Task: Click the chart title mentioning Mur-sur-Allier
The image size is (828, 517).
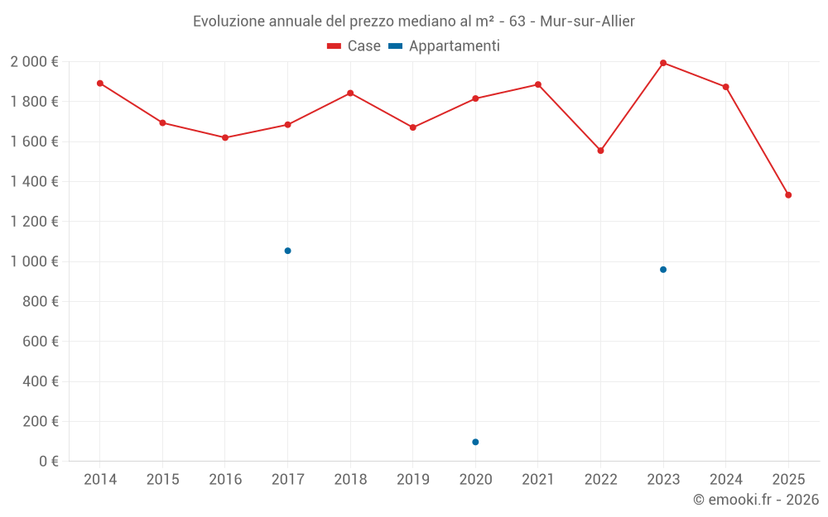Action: click(x=413, y=22)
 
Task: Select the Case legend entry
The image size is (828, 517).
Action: click(x=354, y=46)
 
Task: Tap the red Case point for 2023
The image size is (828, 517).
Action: click(x=663, y=63)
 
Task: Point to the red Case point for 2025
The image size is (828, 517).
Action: click(x=788, y=195)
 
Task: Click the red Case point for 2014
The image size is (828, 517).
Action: click(x=100, y=84)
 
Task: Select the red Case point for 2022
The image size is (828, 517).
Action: click(x=600, y=151)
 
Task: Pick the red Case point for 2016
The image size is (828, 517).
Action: click(x=225, y=137)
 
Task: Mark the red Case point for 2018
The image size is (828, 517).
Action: click(x=350, y=93)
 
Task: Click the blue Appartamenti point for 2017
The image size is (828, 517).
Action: click(x=287, y=251)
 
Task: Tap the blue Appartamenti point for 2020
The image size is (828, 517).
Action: click(x=475, y=442)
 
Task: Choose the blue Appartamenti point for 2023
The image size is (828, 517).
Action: click(x=663, y=270)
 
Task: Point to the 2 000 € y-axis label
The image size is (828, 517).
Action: click(x=34, y=62)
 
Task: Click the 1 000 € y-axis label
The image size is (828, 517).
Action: click(x=34, y=261)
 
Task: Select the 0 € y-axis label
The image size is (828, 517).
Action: click(x=49, y=462)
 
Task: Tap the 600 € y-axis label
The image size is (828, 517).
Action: click(x=41, y=342)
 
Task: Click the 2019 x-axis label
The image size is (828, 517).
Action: click(x=412, y=480)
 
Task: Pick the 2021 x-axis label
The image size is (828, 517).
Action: click(x=538, y=480)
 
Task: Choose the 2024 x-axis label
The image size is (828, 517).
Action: click(x=725, y=480)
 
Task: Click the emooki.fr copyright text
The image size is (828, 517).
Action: click(x=755, y=500)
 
